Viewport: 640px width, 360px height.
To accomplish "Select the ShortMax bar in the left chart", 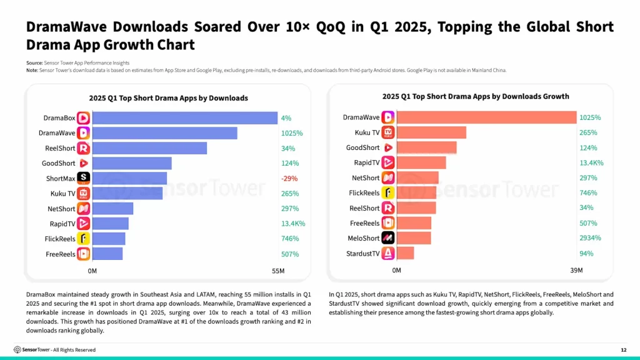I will [x=129, y=178].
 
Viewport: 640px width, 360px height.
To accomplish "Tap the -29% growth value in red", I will [x=289, y=178].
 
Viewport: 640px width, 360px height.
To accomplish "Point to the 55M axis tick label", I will [x=278, y=271].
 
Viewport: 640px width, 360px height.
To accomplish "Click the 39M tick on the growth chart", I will [x=576, y=270].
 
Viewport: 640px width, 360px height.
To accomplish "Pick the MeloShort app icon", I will [x=388, y=238].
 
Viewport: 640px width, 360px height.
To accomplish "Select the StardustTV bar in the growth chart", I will [x=405, y=253].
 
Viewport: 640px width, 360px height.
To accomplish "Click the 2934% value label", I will [x=590, y=238].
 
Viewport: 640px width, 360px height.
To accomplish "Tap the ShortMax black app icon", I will [x=83, y=178].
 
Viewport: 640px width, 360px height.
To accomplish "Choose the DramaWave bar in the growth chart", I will [x=486, y=117].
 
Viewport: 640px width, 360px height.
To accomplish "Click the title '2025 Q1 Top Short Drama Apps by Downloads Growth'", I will [x=476, y=96].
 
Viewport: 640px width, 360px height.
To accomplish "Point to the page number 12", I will [x=623, y=349].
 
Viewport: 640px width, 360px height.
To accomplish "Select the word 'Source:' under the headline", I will [x=34, y=63].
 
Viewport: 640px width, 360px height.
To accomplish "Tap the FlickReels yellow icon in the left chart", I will [x=83, y=239].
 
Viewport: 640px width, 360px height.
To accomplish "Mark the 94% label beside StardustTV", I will [x=586, y=253].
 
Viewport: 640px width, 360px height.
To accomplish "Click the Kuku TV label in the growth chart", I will [x=367, y=132].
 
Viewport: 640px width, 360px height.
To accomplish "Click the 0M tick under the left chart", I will [x=92, y=271].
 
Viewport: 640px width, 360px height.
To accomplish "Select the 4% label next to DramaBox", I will [x=286, y=118].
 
